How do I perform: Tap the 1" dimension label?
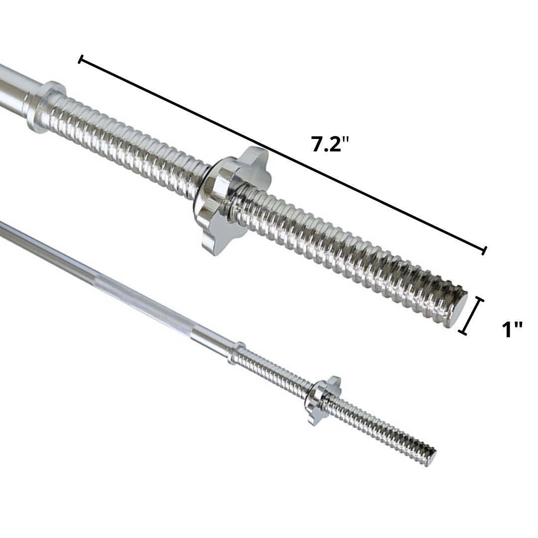click(512, 330)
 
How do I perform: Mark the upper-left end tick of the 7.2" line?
click(80, 60)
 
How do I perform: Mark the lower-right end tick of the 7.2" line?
click(484, 251)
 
